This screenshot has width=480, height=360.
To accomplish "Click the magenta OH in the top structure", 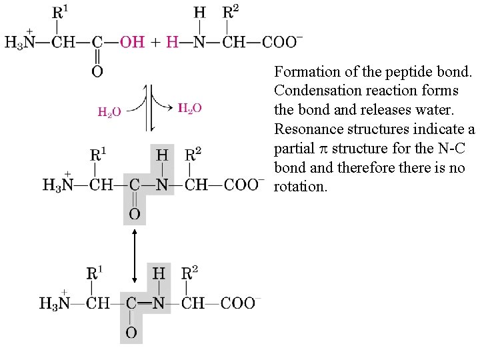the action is pos(132,42).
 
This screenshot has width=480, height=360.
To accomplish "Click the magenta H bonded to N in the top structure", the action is pos(172,42).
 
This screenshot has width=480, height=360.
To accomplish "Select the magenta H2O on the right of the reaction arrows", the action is pos(190,108).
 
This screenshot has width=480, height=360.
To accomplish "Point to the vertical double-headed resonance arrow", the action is pos(135,255).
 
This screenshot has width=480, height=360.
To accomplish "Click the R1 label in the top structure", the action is pos(59,13).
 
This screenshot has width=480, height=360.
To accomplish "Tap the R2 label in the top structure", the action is pos(231,13).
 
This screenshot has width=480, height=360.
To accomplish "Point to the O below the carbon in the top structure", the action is pos(97,71).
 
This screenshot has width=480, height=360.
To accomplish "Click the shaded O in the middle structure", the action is pos(134,215).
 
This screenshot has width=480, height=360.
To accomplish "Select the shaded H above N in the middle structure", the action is pos(162,155).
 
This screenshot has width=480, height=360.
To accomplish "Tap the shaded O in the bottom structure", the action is pos(131,332).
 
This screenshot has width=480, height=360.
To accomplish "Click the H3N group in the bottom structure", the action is pos(55,303).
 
